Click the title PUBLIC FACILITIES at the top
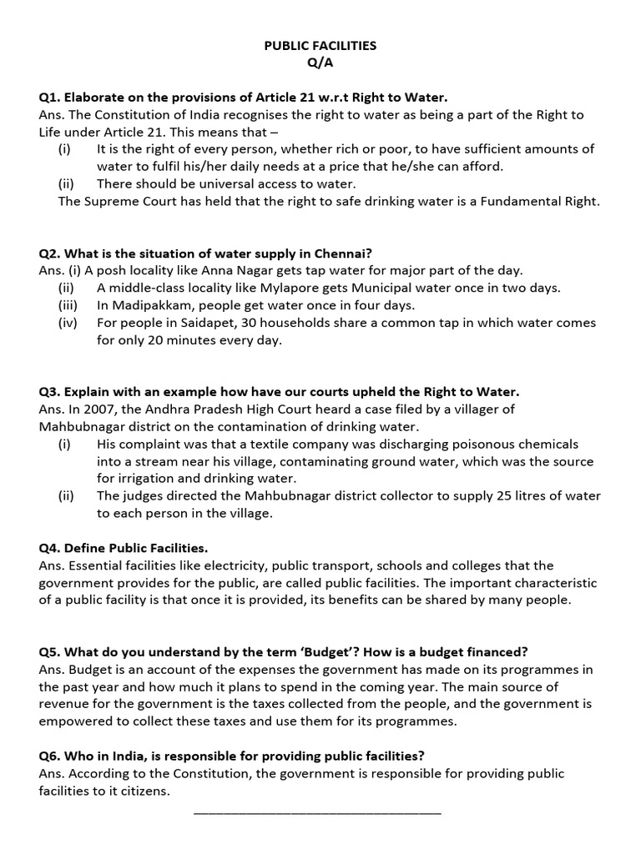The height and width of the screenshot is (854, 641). click(x=320, y=46)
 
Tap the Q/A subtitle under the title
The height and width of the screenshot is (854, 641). click(x=320, y=63)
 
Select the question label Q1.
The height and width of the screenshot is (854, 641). click(x=49, y=98)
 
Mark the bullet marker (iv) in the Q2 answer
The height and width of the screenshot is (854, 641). click(x=68, y=323)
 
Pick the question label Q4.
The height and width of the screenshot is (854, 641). click(x=49, y=548)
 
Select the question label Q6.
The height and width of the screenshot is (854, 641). click(x=49, y=756)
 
